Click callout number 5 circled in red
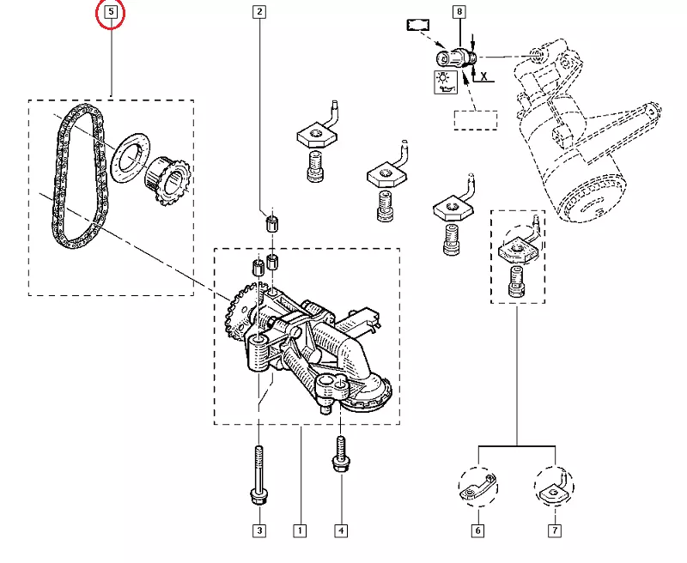tap(111, 13)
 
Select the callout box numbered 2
tap(259, 12)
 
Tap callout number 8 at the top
tap(459, 12)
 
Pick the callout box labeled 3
tap(258, 530)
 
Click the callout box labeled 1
tap(300, 530)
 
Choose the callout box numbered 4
tap(341, 530)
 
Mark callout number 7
tap(556, 530)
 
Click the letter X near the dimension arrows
tap(484, 76)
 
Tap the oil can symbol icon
tap(445, 82)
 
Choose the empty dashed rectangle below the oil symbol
tap(476, 119)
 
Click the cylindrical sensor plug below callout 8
tap(455, 58)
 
